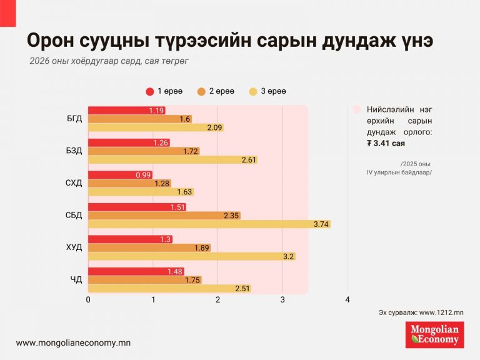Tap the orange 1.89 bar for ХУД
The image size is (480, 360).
tap(149, 247)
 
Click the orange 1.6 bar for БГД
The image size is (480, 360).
tap(139, 119)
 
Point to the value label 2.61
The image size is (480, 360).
tap(249, 159)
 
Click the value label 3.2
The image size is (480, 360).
tap(288, 256)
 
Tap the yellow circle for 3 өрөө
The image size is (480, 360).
tap(253, 92)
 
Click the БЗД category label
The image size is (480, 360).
tap(74, 151)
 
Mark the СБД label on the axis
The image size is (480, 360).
tap(74, 216)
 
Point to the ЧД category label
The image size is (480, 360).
tap(77, 280)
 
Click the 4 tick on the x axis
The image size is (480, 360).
tap(347, 300)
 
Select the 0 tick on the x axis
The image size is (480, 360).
tap(88, 300)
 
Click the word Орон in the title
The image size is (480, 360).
tap(52, 41)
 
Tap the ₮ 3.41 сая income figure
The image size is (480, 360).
tap(387, 144)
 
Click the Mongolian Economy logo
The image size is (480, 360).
tap(434, 334)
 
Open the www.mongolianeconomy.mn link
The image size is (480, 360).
tap(73, 343)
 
